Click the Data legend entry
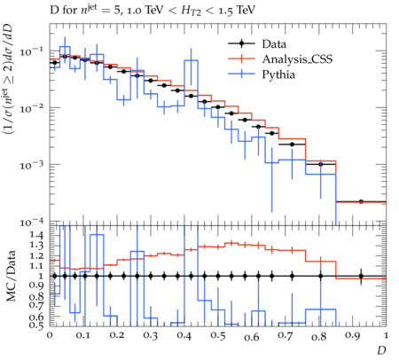[274, 44]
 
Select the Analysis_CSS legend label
[297, 59]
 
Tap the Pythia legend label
[278, 74]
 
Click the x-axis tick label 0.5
[218, 336]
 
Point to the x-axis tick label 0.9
[353, 336]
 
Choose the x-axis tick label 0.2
[117, 336]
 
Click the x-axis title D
[381, 350]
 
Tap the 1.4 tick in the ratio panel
[36, 236]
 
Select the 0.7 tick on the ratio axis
[36, 305]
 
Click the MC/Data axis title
[11, 277]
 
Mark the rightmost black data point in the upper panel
[361, 201]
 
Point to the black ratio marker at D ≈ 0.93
[361, 277]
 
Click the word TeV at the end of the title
[245, 11]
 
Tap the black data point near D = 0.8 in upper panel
[320, 164]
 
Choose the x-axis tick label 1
[386, 336]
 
